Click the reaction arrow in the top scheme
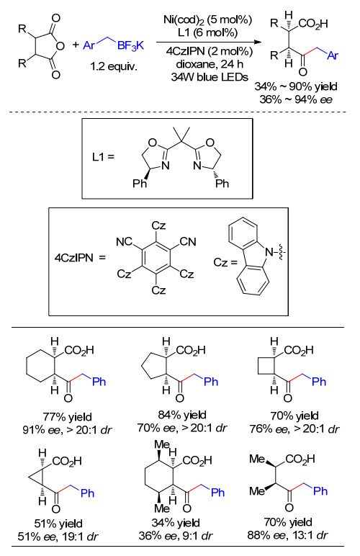(x=208, y=42)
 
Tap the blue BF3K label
(x=131, y=46)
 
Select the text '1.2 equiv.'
(x=113, y=66)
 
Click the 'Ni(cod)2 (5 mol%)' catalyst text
(x=207, y=20)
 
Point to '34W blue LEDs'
(x=210, y=76)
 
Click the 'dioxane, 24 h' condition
(x=210, y=64)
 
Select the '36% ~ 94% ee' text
(x=296, y=99)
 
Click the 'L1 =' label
(x=104, y=156)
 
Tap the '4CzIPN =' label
(x=80, y=258)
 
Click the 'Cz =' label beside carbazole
(x=225, y=262)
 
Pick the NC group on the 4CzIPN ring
(x=124, y=242)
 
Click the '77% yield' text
(x=68, y=417)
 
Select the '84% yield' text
(x=182, y=415)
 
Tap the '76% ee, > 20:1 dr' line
(x=294, y=429)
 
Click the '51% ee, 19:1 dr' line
(x=58, y=537)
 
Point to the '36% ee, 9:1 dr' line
(x=176, y=535)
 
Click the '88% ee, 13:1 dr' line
(x=288, y=534)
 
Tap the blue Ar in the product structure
(x=333, y=55)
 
